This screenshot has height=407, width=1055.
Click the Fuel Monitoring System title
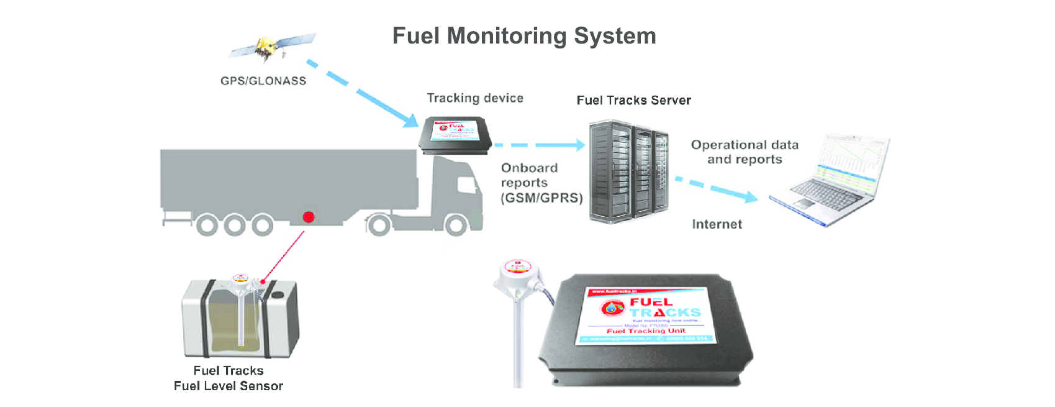524,36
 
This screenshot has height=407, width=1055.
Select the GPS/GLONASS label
263,81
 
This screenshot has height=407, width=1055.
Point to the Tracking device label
475,98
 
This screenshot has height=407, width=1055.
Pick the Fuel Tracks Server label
633,101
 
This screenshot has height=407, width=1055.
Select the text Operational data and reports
745,152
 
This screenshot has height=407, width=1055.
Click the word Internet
717,224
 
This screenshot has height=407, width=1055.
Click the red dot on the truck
308,217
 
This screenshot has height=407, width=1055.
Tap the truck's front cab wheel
456,225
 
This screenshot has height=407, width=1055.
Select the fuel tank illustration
240,317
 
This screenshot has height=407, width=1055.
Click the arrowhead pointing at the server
579,145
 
